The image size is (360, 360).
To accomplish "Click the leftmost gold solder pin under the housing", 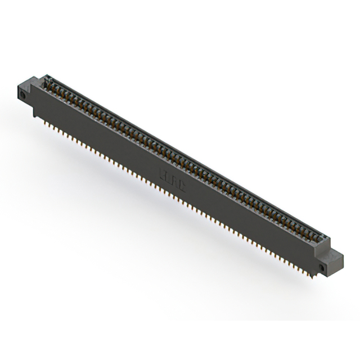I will pyautogui.click(x=43, y=118).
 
